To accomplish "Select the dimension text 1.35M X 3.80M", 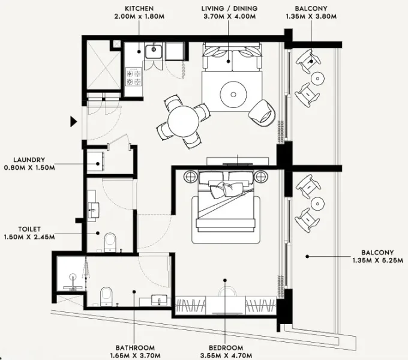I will pos(311,17).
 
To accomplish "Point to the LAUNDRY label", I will pos(28,160).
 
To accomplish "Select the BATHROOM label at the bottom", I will pos(135,348).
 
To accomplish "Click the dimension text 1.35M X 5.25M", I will pos(377,261).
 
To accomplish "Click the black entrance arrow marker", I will pos(74,122).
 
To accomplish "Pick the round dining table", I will pos(184,121).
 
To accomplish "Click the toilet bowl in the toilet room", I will pos(109,242).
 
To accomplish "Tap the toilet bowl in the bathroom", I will pos(106,295).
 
